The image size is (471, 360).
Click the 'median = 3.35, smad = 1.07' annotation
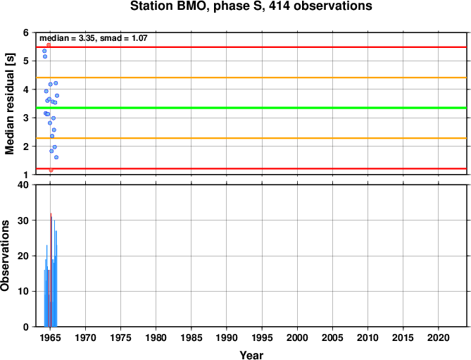(x=94, y=38)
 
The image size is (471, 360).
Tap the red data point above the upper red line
(x=49, y=45)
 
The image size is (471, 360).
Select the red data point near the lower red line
(x=51, y=170)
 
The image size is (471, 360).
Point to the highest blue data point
(x=44, y=51)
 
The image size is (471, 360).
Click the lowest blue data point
(x=56, y=157)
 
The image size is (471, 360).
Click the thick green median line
(x=251, y=108)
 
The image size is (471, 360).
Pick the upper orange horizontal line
(x=251, y=77)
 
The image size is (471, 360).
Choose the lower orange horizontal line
(x=251, y=138)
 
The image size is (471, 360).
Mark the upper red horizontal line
(x=251, y=47)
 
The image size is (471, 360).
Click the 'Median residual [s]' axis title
(x=10, y=104)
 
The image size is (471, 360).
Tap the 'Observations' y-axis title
(x=5, y=256)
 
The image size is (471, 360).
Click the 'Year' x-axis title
(x=251, y=355)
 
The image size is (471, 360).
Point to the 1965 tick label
(x=50, y=337)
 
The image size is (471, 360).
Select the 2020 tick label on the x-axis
(x=438, y=337)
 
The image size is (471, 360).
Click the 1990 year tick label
(x=227, y=337)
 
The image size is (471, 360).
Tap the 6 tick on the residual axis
(x=26, y=32)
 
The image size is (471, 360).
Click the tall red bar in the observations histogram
(x=51, y=270)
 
